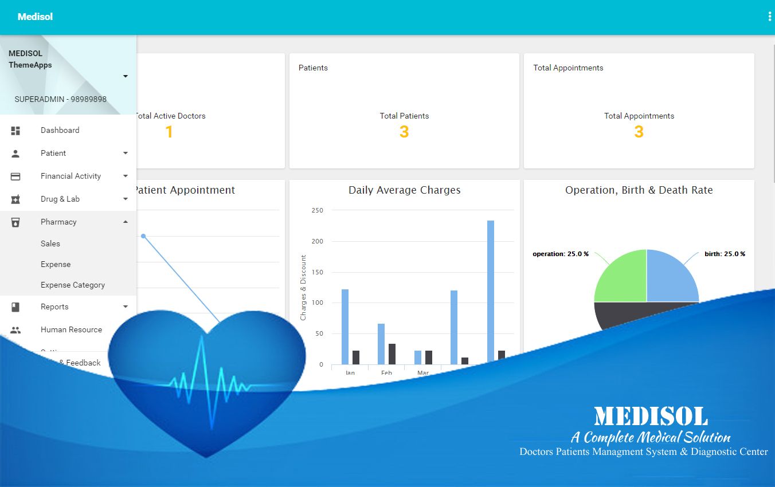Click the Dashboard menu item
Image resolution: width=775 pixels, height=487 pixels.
tap(60, 130)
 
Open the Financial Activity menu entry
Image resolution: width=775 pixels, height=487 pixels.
tap(71, 176)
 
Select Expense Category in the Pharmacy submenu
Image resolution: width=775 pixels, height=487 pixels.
tap(73, 285)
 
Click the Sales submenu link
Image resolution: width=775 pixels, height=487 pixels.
tap(50, 244)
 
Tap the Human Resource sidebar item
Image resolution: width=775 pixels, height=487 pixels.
tap(71, 329)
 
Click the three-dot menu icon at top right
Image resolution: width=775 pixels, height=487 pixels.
tap(769, 17)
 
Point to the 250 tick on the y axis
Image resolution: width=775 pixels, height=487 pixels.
tap(318, 210)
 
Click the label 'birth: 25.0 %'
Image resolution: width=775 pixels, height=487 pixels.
tap(725, 254)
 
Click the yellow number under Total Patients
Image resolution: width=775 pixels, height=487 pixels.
tap(404, 132)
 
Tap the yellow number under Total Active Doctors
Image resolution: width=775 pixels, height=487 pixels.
tap(169, 132)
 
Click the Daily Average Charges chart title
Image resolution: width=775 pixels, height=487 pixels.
tap(404, 190)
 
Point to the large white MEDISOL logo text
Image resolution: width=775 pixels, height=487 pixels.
tap(651, 416)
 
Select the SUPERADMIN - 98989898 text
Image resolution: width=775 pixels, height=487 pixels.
tap(60, 99)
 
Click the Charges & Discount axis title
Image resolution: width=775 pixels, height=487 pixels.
tap(303, 288)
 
